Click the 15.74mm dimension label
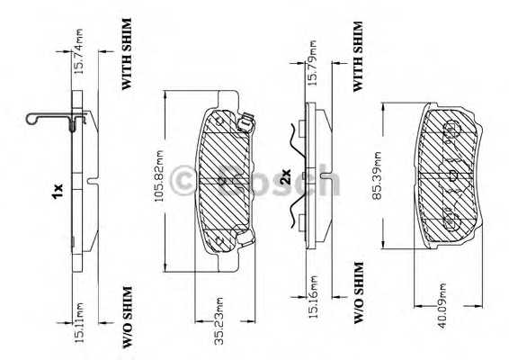79,51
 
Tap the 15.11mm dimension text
79,322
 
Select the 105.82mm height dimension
159,175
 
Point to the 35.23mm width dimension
219,320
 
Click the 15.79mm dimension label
312,63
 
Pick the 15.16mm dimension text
312,297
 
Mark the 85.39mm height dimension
377,175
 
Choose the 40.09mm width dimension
442,305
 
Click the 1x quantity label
58,192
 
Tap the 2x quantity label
286,177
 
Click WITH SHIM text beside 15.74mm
127,54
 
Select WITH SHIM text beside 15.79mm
358,57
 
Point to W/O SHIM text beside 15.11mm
128,317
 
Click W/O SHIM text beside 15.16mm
359,292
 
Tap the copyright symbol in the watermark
183,181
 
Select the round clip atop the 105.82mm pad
245,122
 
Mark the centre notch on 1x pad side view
93,181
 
